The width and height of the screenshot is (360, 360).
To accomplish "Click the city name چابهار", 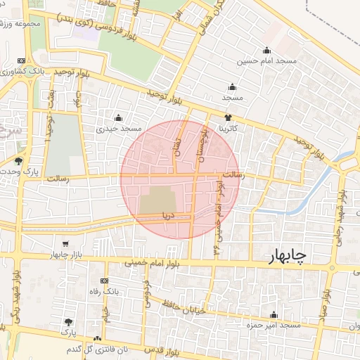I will click(x=287, y=257).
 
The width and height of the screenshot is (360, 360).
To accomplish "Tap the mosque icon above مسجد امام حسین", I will click(x=266, y=50).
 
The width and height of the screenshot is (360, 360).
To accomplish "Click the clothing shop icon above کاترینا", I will click(x=228, y=117).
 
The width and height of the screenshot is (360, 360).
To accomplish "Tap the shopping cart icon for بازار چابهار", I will click(x=65, y=243).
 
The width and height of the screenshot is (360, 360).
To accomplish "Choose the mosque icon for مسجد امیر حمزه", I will click(x=274, y=315).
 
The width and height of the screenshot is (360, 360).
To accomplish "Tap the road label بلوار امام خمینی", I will click(x=150, y=263).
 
